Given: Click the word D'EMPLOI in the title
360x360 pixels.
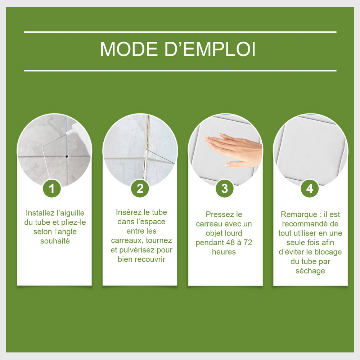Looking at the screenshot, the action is pos(210,49).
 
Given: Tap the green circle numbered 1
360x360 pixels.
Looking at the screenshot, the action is pos(51,189).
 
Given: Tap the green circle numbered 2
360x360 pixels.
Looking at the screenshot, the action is pos(140,189).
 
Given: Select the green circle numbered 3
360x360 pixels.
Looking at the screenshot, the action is pos(225,189).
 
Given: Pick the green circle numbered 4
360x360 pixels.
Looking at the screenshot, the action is pos(310,189).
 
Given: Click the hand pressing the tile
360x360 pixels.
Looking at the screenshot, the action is pos(233,149).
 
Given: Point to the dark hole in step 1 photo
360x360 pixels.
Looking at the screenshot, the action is pos(67,157).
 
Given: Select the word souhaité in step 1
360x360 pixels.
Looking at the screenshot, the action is pos(55,241).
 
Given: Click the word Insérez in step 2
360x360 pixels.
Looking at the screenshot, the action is pos(128,212).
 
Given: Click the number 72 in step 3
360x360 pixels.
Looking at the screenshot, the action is pos(248,242).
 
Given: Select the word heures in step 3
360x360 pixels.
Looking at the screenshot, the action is pos(224,252).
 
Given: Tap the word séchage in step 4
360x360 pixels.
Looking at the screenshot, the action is pos(310,271).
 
